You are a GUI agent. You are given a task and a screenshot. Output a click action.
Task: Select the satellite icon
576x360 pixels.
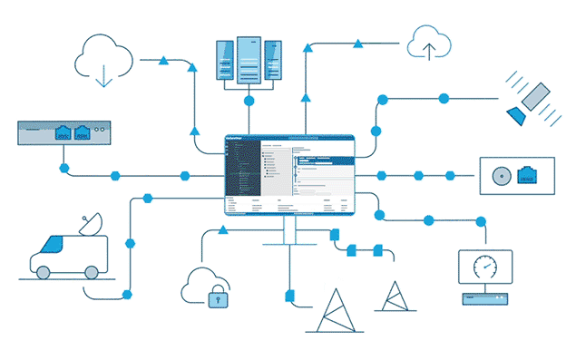(x=530, y=102)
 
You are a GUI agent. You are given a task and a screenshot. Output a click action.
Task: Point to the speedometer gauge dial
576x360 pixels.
(x=486, y=269)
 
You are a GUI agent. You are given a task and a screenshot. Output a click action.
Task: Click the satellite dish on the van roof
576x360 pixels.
(x=90, y=224)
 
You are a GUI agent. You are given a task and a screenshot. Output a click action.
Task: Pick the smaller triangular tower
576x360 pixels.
(x=395, y=297)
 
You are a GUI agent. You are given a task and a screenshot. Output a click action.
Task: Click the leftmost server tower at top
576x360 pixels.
(x=224, y=61)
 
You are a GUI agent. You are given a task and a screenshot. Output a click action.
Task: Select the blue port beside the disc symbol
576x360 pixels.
(x=526, y=176)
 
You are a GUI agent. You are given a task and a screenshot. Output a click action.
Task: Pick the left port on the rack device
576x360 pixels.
(x=63, y=133)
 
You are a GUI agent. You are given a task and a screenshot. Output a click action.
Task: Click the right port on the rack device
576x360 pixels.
(x=83, y=133)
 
